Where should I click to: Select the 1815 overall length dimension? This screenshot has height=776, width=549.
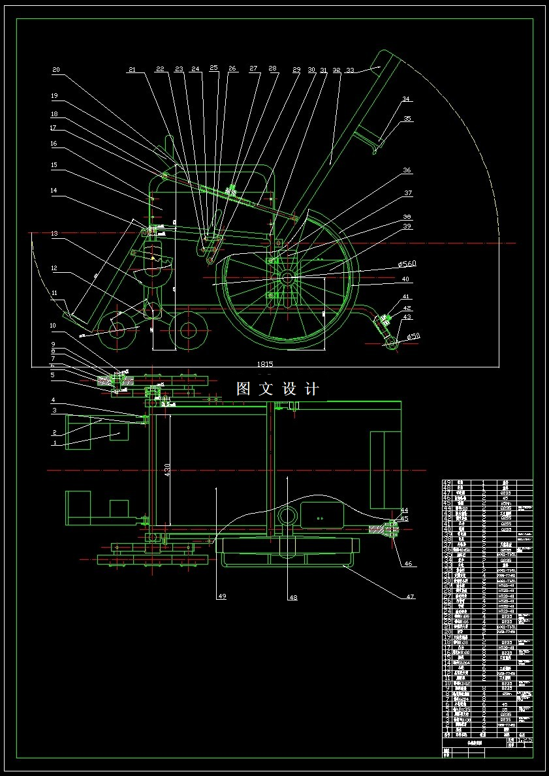pyautogui.click(x=264, y=364)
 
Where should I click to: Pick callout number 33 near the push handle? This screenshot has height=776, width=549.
pyautogui.click(x=350, y=70)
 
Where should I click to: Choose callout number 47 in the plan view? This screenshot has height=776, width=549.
pyautogui.click(x=410, y=597)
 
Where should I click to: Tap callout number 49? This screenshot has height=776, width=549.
pyautogui.click(x=222, y=597)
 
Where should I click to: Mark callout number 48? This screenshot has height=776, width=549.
pyautogui.click(x=293, y=597)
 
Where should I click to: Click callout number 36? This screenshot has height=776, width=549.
pyautogui.click(x=407, y=171)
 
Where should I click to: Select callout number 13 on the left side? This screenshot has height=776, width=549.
pyautogui.click(x=54, y=233)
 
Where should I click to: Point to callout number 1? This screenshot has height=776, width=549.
pyautogui.click(x=55, y=442)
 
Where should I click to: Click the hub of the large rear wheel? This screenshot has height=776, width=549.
pyautogui.click(x=287, y=277)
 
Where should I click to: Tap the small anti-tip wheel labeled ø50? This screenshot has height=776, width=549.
pyautogui.click(x=392, y=342)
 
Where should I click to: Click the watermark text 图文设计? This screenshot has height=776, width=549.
pyautogui.click(x=277, y=389)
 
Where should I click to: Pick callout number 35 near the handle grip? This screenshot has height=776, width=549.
pyautogui.click(x=407, y=119)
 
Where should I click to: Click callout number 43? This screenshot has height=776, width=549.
pyautogui.click(x=407, y=317)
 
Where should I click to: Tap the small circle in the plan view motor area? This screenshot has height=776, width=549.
pyautogui.click(x=286, y=515)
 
